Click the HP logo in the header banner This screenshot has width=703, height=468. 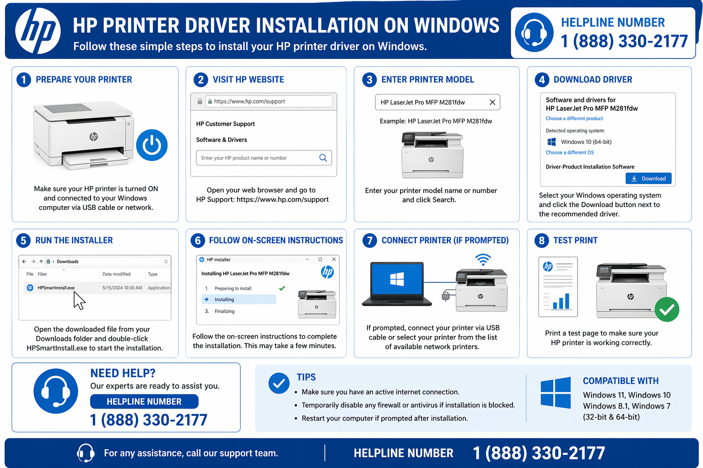click(38, 31)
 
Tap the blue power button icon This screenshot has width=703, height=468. click(152, 145)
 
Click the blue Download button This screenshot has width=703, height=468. click(648, 178)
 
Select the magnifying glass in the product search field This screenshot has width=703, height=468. click(323, 158)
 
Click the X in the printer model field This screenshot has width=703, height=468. click(492, 102)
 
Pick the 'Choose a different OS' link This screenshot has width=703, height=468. click(569, 153)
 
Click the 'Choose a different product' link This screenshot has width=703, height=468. click(574, 118)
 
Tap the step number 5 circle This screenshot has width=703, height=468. click(23, 240)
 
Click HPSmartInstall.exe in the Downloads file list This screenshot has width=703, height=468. click(56, 288)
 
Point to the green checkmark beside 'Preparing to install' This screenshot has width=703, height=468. click(282, 288)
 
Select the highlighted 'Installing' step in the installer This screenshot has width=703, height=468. click(238, 299)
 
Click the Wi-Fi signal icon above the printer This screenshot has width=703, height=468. click(482, 260)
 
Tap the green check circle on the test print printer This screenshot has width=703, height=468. click(667, 309)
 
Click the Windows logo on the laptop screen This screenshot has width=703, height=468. click(397, 279)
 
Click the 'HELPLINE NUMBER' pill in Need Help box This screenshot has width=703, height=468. click(144, 401)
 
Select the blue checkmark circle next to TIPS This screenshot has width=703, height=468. click(279, 383)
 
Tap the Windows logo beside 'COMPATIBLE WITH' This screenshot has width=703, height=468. click(556, 393)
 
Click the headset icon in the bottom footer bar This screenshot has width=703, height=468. click(86, 453)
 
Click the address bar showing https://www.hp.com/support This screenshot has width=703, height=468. click(269, 101)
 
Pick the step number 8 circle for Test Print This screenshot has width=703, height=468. click(542, 240)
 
